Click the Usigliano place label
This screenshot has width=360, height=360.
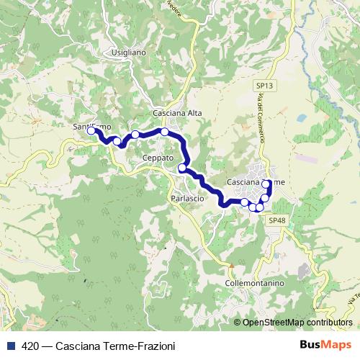(129, 53)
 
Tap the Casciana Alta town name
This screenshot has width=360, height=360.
(177, 113)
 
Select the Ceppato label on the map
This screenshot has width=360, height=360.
(158, 158)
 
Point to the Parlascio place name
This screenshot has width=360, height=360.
(189, 198)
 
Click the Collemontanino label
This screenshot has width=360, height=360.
(255, 284)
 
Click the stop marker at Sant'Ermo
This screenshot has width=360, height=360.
(91, 131)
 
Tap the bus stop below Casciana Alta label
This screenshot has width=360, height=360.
(165, 132)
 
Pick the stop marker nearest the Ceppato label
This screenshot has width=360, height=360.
(182, 168)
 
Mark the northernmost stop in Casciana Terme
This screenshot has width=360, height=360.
(267, 184)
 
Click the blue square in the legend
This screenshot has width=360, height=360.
(10, 346)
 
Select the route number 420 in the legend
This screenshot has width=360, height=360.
(31, 346)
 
